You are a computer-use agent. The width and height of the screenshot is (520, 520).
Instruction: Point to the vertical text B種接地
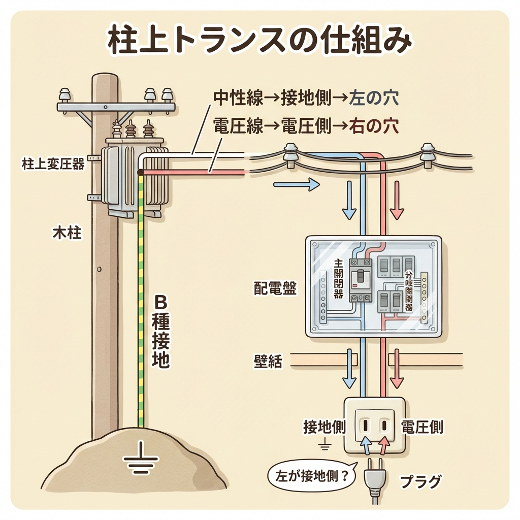click(160, 333)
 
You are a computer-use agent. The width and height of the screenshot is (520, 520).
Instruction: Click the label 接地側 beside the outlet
click(324, 427)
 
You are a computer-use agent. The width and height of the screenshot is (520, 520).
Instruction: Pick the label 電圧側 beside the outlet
click(422, 427)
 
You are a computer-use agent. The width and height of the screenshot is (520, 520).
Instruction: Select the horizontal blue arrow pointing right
click(297, 185)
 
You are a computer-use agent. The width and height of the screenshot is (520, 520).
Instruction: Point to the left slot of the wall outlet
click(366, 424)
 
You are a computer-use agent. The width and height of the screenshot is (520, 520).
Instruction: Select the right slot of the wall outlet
click(384, 424)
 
